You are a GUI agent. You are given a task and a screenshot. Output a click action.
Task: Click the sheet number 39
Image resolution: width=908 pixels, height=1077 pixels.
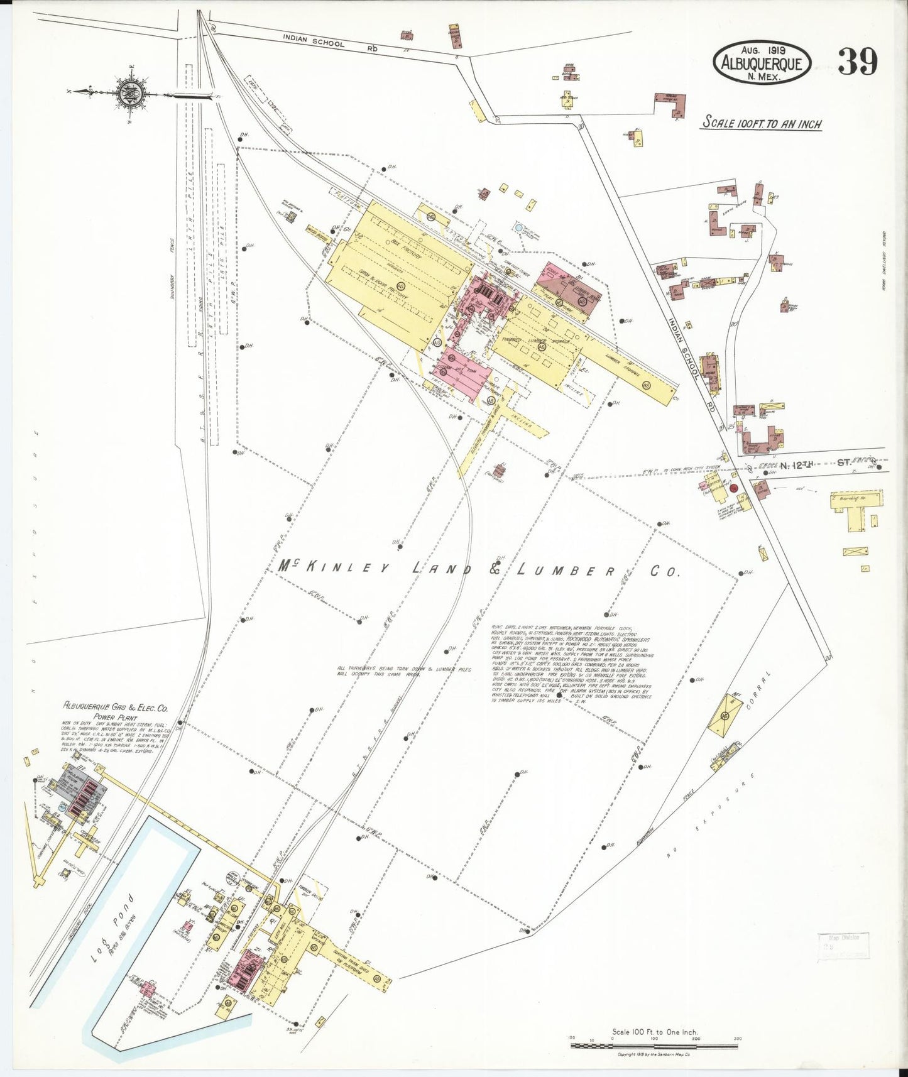pos(857,61)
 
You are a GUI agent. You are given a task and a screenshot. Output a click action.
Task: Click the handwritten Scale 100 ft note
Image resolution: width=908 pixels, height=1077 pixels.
pos(762,123)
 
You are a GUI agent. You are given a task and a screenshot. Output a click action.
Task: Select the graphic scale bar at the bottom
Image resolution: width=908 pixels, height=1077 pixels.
pos(654,1046)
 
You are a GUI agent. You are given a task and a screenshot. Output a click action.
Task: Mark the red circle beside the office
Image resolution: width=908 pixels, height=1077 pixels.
pos(733,488)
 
